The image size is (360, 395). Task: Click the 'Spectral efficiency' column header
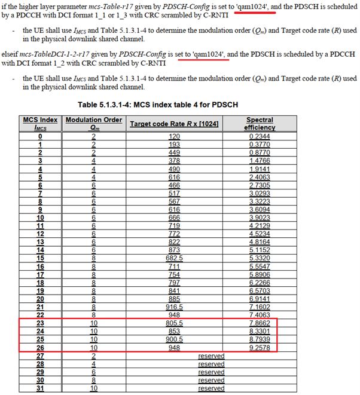pos(260,123)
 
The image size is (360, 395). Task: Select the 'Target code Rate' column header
pos(173,123)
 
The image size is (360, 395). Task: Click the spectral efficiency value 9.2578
pos(260,347)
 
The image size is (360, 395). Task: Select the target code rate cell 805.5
pos(174,323)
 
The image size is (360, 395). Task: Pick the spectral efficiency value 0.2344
pos(260,137)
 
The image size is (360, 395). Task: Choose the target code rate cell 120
pos(174,137)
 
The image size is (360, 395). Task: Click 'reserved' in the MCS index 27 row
pos(211,356)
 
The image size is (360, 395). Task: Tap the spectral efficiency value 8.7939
pos(260,339)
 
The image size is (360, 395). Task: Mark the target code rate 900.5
pos(174,339)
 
